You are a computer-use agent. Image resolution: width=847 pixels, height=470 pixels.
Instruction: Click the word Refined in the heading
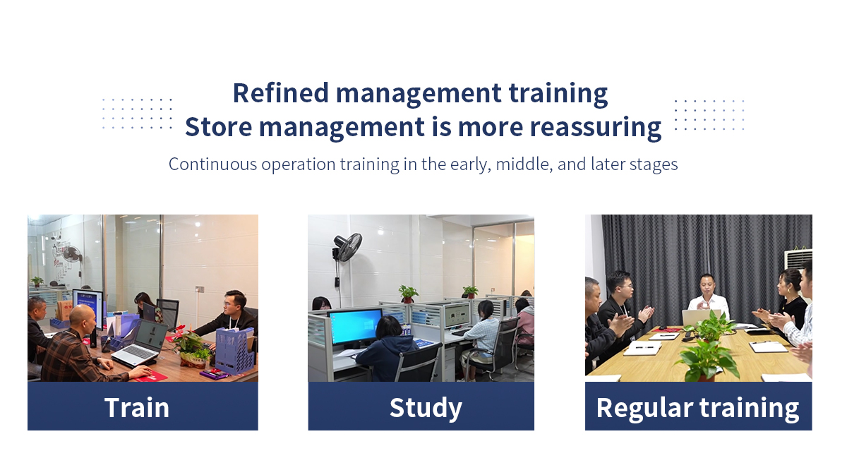281,93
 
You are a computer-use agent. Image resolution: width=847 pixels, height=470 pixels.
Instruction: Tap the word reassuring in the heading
596,128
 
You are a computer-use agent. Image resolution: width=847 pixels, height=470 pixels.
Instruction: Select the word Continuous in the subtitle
213,164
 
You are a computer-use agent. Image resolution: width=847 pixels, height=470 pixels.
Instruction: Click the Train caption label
137,407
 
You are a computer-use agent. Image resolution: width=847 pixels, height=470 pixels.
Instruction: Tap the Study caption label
426,409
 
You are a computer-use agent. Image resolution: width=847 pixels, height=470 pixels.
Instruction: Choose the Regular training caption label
697,409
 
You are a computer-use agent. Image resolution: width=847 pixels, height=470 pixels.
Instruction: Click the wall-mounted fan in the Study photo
347,247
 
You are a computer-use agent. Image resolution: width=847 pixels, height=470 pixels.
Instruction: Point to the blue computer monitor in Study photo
355,327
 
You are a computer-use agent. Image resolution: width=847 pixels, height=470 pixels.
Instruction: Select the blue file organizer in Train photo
234,350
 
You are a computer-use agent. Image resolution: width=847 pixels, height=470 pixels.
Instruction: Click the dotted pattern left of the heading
137,114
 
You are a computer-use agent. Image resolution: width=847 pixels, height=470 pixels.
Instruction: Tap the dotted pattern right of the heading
709,115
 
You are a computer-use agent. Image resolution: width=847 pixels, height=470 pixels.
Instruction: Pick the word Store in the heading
218,127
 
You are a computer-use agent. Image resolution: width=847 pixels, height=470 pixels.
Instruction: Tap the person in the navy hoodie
387,350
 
